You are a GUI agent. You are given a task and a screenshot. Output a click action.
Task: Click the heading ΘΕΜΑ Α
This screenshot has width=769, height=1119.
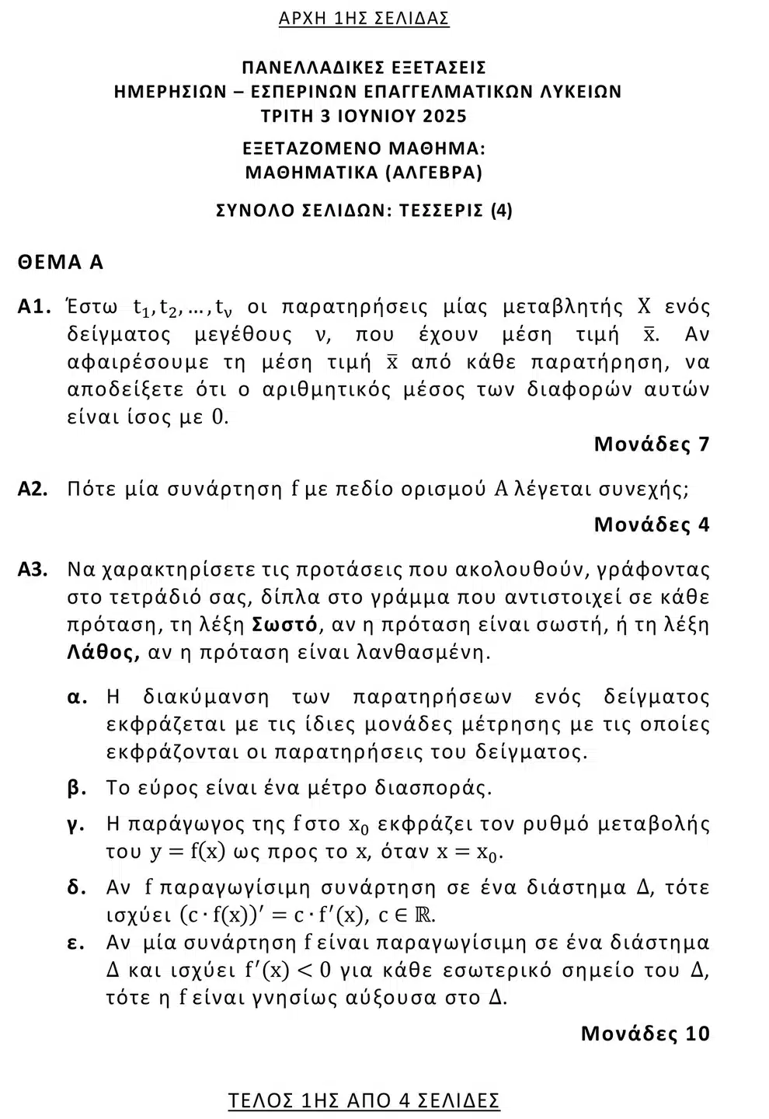(61, 262)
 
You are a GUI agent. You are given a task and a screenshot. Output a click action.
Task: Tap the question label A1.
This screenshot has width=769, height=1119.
(34, 307)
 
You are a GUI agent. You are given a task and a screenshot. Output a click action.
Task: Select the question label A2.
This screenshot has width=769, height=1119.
(34, 489)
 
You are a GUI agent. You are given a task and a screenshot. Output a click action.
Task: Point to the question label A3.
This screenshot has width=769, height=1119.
(34, 570)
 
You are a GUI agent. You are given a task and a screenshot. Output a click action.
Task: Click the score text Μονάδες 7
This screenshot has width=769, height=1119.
(651, 444)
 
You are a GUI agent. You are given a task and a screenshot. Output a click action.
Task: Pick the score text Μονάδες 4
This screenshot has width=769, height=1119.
(651, 525)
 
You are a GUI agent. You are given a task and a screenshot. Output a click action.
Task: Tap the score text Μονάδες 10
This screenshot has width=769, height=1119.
(645, 1033)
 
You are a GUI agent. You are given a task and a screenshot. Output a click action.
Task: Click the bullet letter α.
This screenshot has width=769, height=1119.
(77, 697)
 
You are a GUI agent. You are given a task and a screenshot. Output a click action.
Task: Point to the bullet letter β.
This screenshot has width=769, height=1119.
(77, 788)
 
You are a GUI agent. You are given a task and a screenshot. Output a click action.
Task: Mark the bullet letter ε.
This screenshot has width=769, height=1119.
(76, 943)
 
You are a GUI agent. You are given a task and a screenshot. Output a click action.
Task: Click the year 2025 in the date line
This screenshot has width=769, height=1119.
(444, 117)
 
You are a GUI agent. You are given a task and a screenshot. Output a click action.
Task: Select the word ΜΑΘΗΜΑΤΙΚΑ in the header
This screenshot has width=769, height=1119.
(311, 173)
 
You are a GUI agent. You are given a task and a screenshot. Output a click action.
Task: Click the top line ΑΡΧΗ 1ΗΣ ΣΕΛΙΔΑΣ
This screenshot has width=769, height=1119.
(364, 19)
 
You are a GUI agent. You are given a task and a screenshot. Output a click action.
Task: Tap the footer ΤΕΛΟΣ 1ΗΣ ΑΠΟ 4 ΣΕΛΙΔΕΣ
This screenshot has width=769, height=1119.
(364, 1100)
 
